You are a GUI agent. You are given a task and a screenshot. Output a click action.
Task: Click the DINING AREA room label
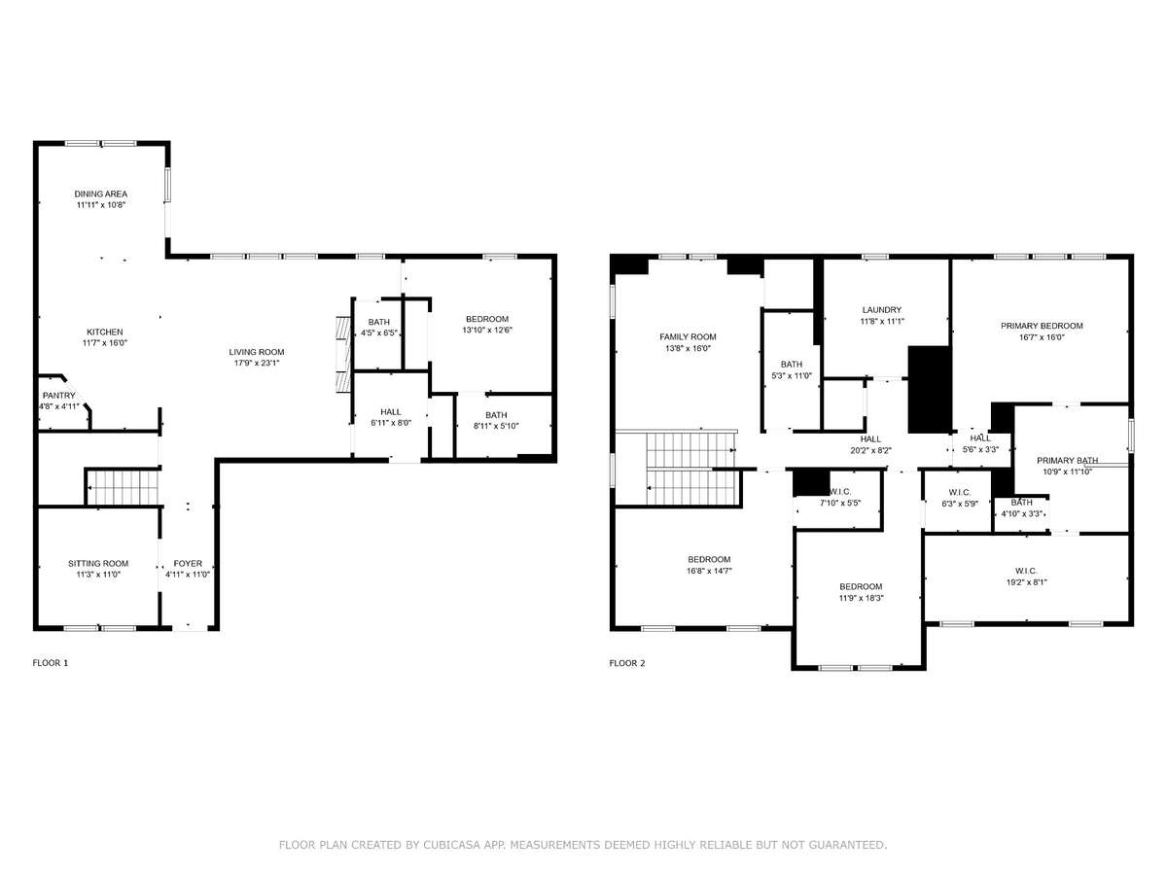click(x=100, y=193)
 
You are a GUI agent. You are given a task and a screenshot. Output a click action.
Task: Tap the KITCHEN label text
click(x=105, y=332)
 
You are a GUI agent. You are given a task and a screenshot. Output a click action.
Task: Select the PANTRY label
click(x=58, y=396)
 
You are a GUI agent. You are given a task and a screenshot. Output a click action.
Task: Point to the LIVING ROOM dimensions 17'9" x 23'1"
click(x=257, y=363)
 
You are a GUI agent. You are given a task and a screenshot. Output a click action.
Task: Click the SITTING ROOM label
click(x=98, y=563)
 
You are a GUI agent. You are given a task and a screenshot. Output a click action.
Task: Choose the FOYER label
click(x=188, y=563)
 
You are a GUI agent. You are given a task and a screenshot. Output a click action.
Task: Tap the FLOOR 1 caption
click(x=51, y=663)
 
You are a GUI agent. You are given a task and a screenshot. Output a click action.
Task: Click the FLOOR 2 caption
click(x=627, y=663)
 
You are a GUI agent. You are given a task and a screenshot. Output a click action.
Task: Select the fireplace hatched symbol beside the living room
click(x=343, y=355)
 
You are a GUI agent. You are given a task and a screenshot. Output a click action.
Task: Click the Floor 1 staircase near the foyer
click(x=123, y=487)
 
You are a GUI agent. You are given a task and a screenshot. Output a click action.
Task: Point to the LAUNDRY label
click(x=882, y=310)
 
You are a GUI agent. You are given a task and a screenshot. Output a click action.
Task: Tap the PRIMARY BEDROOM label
click(x=1043, y=326)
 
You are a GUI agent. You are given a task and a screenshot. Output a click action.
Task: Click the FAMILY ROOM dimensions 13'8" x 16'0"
click(x=688, y=348)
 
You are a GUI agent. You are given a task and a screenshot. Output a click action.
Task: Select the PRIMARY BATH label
click(x=1068, y=460)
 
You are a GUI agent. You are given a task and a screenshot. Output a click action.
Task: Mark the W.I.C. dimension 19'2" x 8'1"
click(x=1027, y=581)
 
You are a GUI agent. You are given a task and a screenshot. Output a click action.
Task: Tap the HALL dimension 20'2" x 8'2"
click(x=870, y=450)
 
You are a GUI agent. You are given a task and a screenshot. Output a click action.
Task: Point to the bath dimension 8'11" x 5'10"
click(x=496, y=426)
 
